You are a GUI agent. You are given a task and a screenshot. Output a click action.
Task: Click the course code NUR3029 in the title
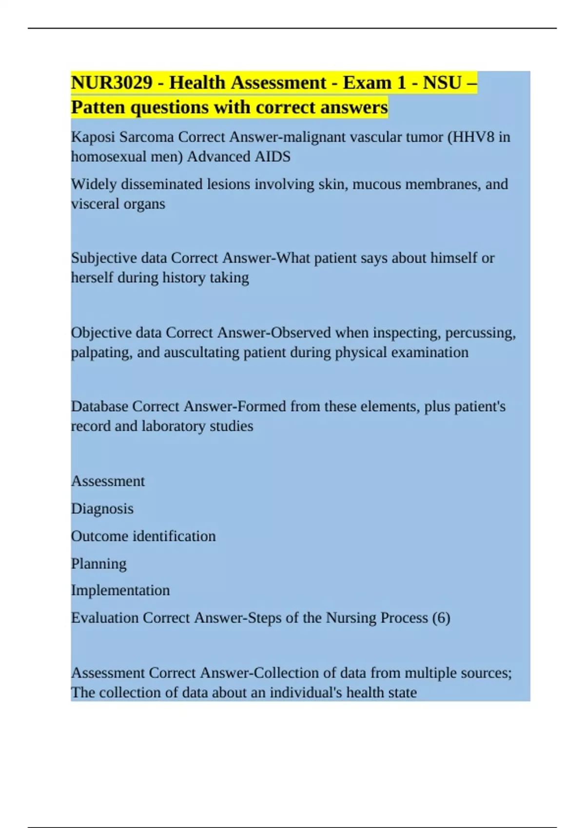tap(112, 83)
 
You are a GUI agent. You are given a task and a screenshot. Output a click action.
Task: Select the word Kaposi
tap(93, 137)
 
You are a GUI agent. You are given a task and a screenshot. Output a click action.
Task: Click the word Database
tap(99, 407)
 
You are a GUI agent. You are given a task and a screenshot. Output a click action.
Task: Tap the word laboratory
tap(174, 426)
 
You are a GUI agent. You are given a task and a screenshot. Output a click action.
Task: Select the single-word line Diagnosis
tap(102, 509)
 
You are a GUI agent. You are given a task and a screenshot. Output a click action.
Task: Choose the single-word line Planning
tap(98, 564)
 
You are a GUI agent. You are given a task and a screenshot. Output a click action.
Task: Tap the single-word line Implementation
tap(120, 590)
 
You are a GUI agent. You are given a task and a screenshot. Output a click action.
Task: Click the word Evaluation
tap(105, 618)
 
